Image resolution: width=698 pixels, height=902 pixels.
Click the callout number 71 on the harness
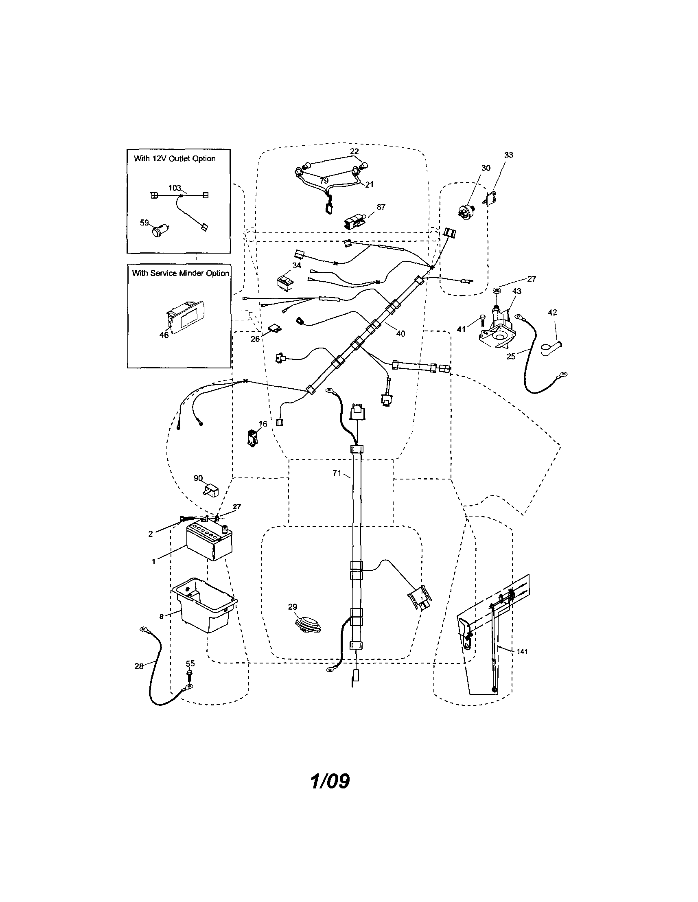tap(337, 473)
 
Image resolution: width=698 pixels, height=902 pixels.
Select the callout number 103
tap(175, 188)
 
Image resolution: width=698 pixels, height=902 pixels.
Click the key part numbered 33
tap(490, 199)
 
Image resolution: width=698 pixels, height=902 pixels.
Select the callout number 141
tap(522, 651)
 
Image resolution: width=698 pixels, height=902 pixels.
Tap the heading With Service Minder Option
tap(180, 273)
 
